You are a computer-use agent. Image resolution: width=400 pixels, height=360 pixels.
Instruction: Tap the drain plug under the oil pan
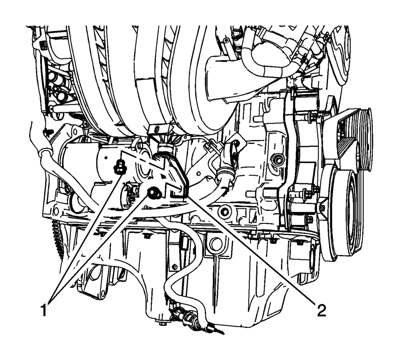click(x=161, y=324)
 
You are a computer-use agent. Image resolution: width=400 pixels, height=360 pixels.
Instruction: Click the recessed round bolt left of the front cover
click(x=277, y=160)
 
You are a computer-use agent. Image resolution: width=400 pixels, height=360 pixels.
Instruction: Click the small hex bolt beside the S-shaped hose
click(x=175, y=267)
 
